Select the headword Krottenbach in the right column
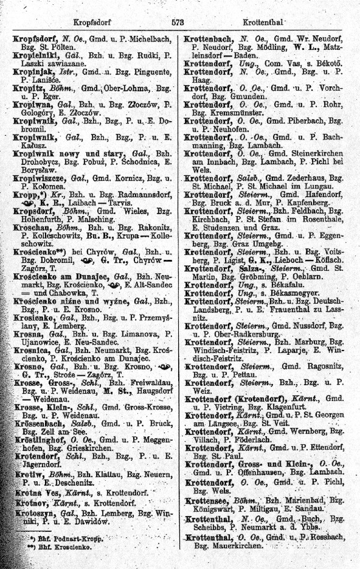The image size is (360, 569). click(x=208, y=37)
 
